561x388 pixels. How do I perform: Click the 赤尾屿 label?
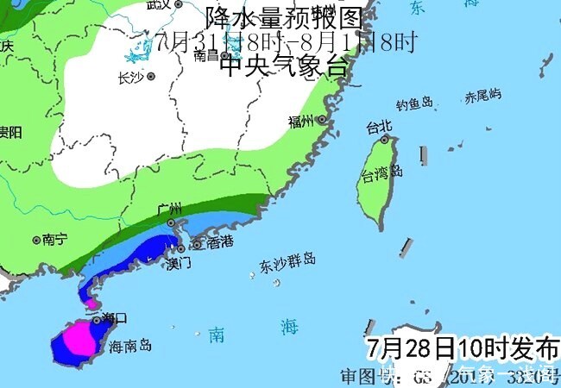tap(482, 96)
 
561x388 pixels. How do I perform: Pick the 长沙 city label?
tap(130, 77)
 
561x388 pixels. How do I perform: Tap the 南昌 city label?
tap(206, 54)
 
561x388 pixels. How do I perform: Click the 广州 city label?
tap(171, 210)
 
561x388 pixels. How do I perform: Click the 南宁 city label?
tap(54, 240)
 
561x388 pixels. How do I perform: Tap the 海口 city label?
tap(114, 318)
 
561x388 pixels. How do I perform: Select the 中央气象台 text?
tap(283, 66)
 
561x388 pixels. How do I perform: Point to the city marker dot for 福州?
tap(322, 119)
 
